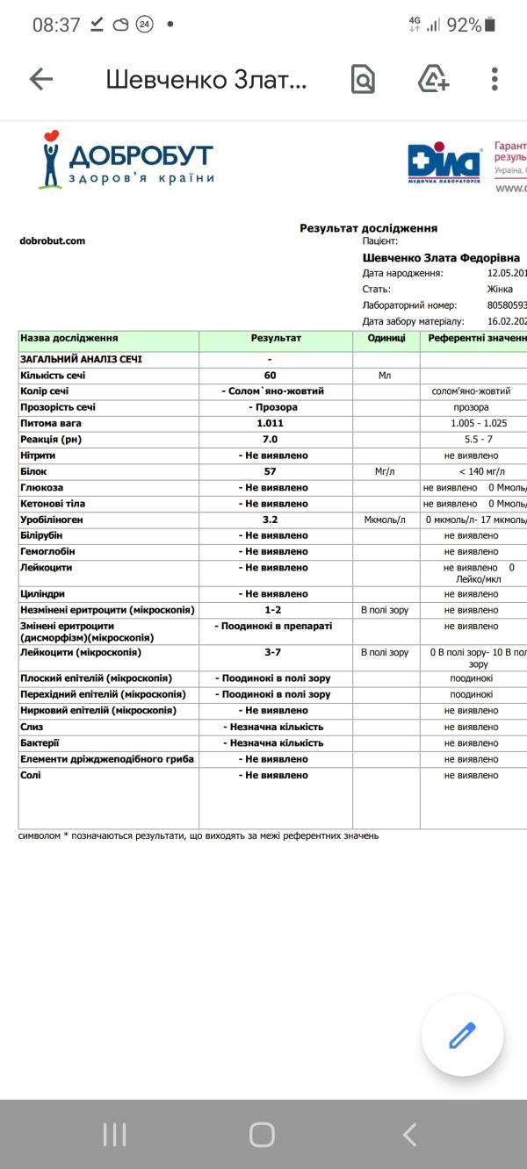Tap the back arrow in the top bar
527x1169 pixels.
click(41, 79)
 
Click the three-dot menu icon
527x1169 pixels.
click(495, 79)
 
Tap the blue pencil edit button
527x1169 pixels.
click(462, 1036)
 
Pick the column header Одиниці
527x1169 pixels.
click(386, 338)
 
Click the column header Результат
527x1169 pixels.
click(276, 338)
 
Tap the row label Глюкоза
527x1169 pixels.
click(41, 487)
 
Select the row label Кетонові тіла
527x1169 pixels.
click(54, 504)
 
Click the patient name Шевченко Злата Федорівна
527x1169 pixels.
click(441, 258)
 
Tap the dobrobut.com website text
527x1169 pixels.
click(52, 240)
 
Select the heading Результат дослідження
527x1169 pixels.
click(368, 228)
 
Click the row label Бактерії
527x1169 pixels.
click(40, 742)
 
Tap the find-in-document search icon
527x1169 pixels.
click(363, 79)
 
